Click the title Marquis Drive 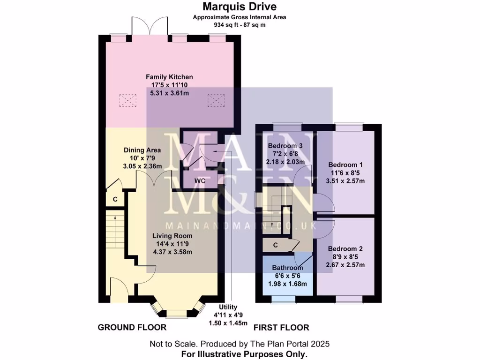(x=240, y=7)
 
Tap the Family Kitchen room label (x=169, y=77)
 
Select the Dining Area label (x=142, y=150)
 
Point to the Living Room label (x=172, y=236)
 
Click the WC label (x=200, y=180)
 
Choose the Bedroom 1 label (x=345, y=165)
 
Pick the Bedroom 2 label (x=345, y=249)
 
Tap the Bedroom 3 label (x=285, y=146)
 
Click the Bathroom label (x=287, y=268)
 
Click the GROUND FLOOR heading (x=132, y=327)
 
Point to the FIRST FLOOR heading (x=281, y=327)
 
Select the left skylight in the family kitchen (x=127, y=100)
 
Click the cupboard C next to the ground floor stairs (x=115, y=200)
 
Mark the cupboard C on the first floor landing (x=276, y=245)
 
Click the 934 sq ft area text (x=240, y=24)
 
